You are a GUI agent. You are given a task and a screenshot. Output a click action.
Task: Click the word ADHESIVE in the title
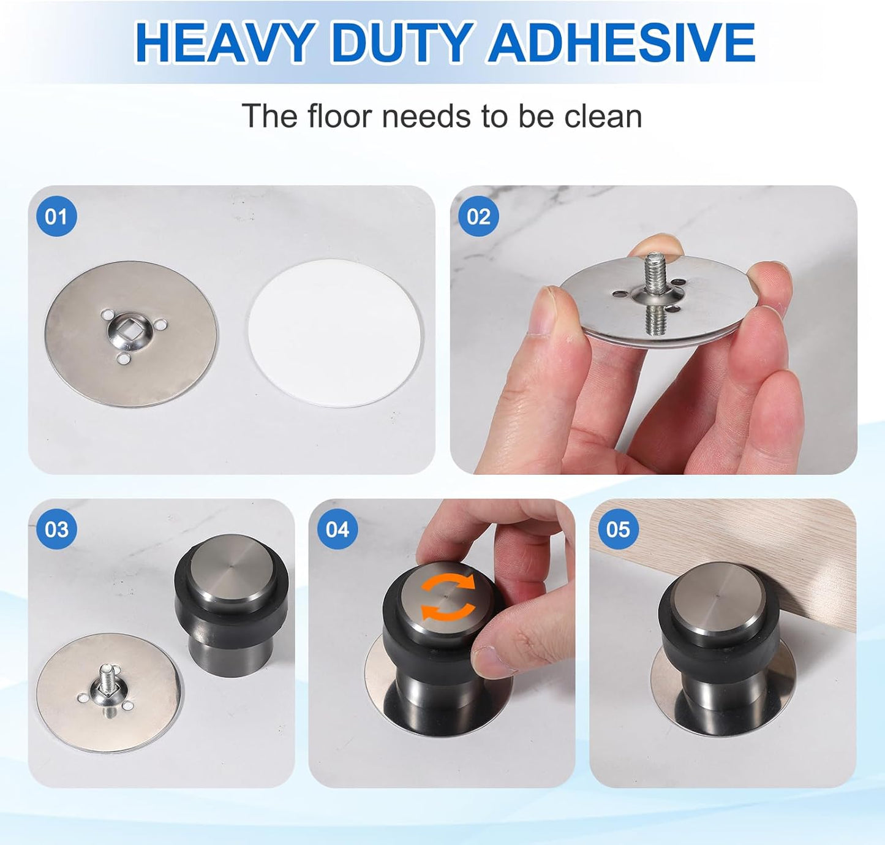pyautogui.click(x=621, y=43)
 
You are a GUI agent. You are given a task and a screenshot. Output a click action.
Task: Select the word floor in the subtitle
pyautogui.click(x=339, y=116)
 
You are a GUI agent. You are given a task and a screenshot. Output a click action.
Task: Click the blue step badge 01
pyautogui.click(x=56, y=216)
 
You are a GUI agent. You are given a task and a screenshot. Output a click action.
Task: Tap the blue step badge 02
pyautogui.click(x=478, y=216)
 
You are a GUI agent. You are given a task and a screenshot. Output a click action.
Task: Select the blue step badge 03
pyautogui.click(x=56, y=529)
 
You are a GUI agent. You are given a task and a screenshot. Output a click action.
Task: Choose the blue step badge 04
pyautogui.click(x=337, y=529)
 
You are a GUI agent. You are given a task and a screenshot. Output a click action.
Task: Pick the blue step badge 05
pyautogui.click(x=617, y=529)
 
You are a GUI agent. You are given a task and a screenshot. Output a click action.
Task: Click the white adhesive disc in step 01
pyautogui.click(x=335, y=333)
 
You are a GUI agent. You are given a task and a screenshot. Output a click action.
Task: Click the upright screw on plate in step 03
pyautogui.click(x=105, y=676)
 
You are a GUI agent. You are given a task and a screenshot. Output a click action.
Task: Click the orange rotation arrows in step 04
pyautogui.click(x=448, y=597)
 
